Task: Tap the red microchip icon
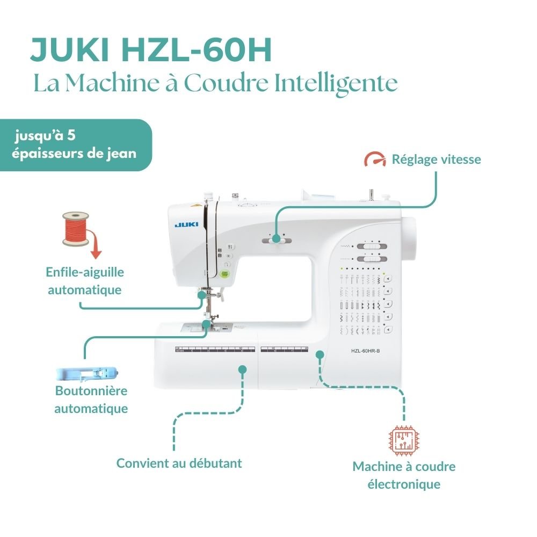(x=403, y=439)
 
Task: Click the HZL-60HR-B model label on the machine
(x=365, y=351)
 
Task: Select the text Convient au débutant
(x=179, y=463)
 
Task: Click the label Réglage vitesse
(x=436, y=159)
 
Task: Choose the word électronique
(x=404, y=484)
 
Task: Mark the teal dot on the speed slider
(x=276, y=238)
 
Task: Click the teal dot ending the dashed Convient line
(x=242, y=369)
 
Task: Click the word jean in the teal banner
(x=124, y=154)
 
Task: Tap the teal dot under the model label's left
(x=320, y=354)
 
